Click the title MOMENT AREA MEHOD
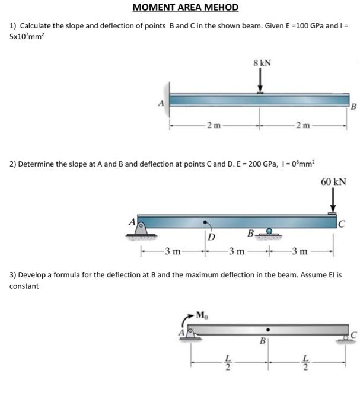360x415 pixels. (x=185, y=8)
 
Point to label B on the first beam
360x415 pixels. (x=354, y=107)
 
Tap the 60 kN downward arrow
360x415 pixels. (x=333, y=202)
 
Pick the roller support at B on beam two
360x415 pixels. (x=269, y=232)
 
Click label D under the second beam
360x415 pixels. (x=211, y=237)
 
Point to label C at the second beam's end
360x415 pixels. (x=342, y=224)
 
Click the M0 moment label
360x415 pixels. (x=202, y=314)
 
